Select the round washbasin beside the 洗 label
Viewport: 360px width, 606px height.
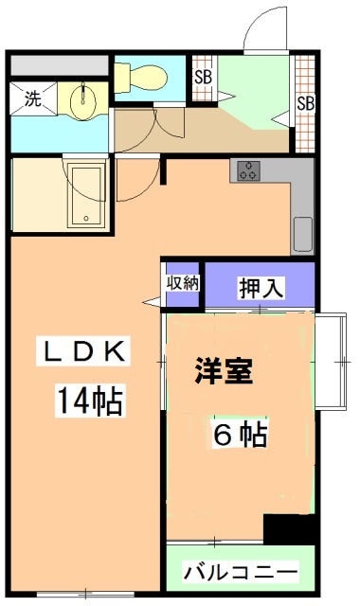click(x=83, y=98)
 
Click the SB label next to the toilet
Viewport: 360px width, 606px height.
click(x=202, y=77)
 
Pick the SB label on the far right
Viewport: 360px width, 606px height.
click(x=304, y=103)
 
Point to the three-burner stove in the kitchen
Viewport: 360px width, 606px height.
click(x=248, y=171)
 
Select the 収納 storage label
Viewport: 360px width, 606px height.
click(x=184, y=282)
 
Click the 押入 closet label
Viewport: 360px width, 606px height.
click(x=260, y=288)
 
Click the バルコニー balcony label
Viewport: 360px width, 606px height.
click(x=241, y=572)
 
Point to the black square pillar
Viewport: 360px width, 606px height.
click(x=289, y=526)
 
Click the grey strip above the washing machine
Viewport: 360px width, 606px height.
click(x=59, y=67)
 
